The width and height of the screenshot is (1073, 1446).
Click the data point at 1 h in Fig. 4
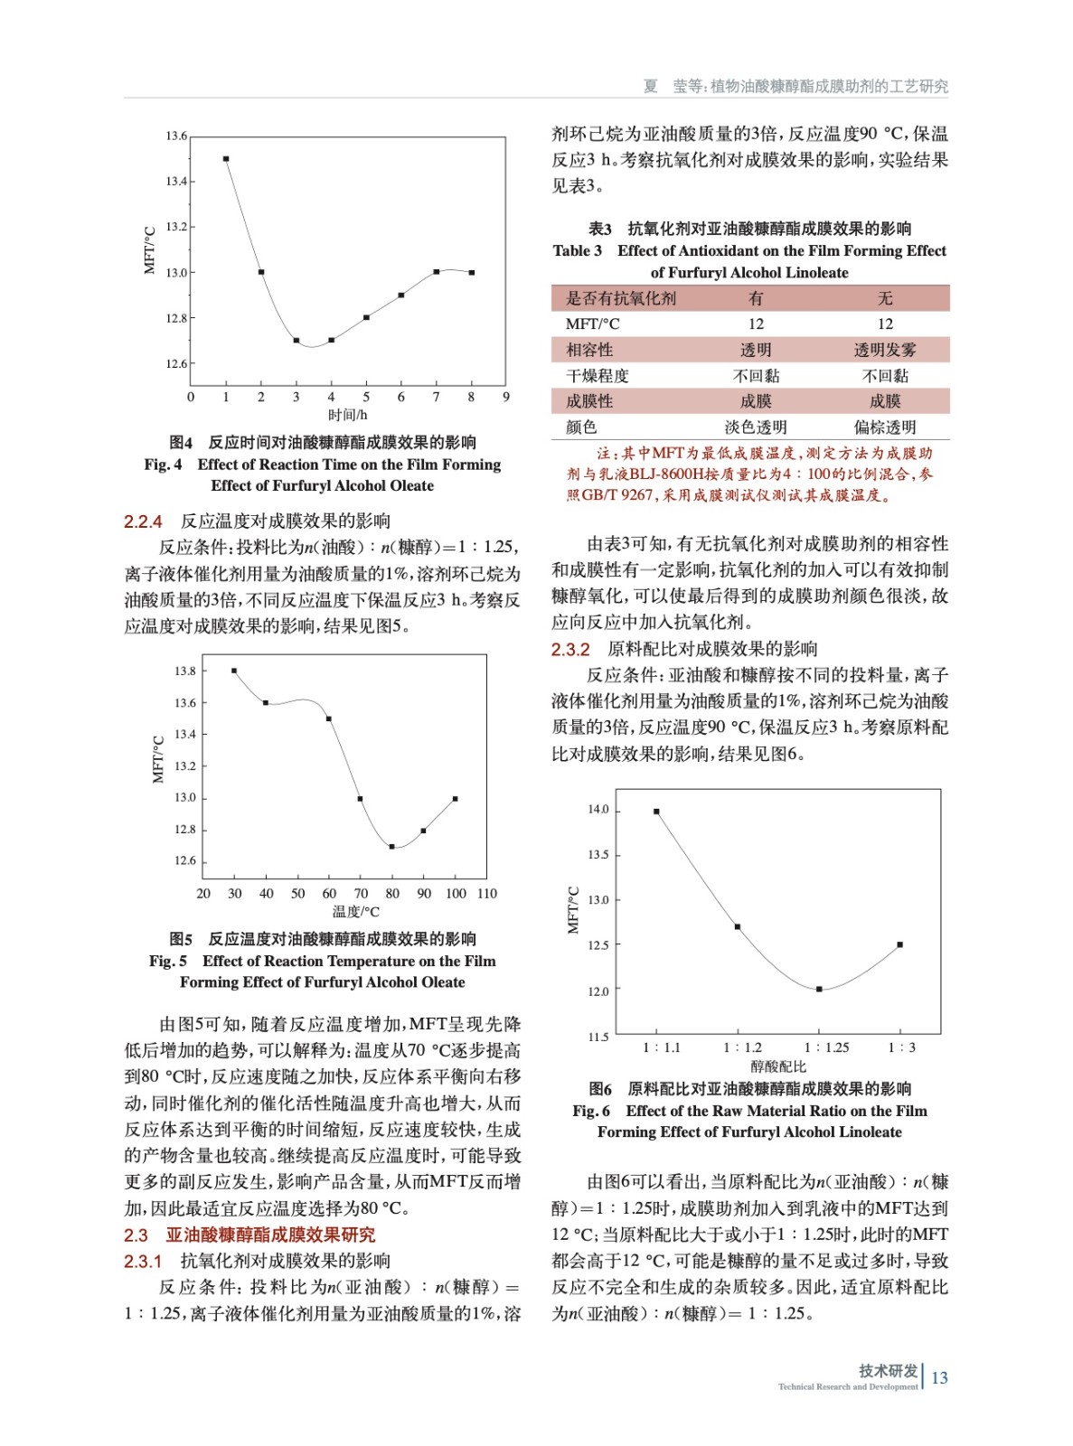226,159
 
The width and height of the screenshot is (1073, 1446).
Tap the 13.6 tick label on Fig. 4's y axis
176,136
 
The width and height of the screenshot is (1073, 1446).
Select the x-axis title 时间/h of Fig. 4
347,415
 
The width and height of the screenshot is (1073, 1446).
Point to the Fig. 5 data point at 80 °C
392,847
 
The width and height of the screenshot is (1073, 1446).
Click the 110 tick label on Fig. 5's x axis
487,893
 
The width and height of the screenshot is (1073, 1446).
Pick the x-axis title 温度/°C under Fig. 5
355,912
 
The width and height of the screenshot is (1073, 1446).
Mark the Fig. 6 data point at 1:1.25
819,990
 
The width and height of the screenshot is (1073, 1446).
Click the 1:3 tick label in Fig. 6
901,1047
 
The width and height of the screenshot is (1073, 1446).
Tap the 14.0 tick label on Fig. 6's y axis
598,810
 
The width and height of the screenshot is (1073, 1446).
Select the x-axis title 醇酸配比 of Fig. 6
777,1066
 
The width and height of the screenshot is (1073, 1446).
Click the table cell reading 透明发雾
884,350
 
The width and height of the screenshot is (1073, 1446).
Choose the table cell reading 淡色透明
756,427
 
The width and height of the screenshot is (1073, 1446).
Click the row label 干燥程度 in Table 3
597,376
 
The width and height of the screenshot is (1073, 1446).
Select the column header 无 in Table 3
884,298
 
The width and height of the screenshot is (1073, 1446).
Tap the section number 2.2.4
143,521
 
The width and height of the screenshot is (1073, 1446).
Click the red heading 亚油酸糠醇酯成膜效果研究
270,1235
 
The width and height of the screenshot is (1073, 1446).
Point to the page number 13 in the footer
939,1377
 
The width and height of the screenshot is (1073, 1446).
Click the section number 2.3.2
570,649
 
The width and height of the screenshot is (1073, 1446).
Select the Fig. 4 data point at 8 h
472,272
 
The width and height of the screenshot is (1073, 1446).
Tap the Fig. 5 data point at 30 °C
234,671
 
